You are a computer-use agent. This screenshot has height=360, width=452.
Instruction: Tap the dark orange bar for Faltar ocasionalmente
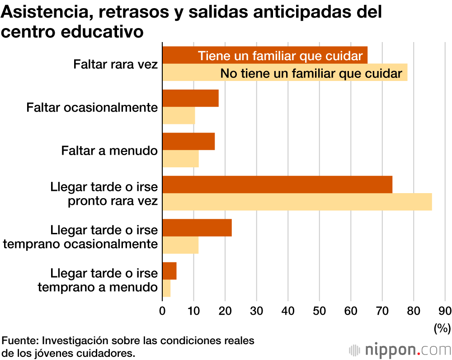click(x=190, y=98)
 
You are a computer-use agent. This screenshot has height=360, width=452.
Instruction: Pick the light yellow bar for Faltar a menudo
click(x=180, y=159)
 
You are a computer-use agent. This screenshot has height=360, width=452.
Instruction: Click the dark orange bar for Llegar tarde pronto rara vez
click(x=277, y=185)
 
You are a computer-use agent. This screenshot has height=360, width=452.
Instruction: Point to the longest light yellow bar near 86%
click(x=297, y=202)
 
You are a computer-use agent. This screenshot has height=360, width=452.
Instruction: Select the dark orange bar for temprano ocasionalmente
click(x=197, y=227)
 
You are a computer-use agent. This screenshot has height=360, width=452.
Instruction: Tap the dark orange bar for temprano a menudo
click(x=169, y=271)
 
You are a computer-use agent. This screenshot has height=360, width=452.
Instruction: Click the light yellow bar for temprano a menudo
click(x=166, y=288)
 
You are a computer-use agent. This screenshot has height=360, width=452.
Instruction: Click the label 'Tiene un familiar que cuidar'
click(x=280, y=56)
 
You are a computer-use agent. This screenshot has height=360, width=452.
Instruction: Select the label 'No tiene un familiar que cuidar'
click(x=311, y=73)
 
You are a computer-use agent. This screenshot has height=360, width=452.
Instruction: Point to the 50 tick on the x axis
click(x=319, y=310)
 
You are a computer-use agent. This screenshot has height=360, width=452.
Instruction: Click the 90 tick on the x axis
click(x=445, y=310)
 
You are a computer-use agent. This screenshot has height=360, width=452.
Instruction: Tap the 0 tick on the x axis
click(x=162, y=310)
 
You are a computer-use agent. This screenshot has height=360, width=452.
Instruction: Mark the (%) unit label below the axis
click(x=442, y=327)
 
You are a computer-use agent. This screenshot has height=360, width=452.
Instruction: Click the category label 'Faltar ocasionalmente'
click(x=92, y=108)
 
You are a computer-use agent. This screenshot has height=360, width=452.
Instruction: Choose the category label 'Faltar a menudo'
click(x=109, y=151)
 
